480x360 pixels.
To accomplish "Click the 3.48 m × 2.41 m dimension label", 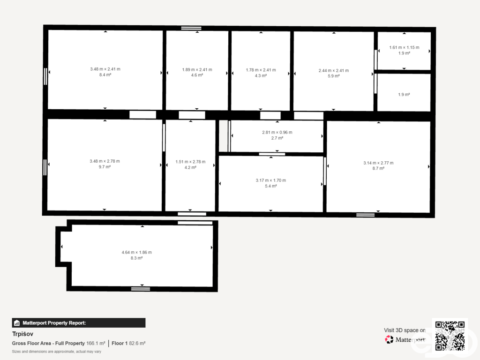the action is [105, 69].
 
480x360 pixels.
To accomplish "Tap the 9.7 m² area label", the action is [105, 167].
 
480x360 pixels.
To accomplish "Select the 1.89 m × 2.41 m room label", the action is [197, 69].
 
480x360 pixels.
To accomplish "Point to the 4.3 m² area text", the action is [261, 75].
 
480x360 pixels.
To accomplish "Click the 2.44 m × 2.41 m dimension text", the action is [334, 70].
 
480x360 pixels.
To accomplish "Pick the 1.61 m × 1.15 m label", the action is [404, 47].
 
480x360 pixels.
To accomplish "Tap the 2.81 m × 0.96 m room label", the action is [277, 132].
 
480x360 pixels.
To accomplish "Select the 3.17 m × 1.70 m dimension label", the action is [271, 180].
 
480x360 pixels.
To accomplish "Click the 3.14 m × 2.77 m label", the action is [378, 163].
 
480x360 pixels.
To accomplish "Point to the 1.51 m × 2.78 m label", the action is [190, 162].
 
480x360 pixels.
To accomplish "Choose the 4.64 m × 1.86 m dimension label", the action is [136, 252].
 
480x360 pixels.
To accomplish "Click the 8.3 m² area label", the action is [136, 258].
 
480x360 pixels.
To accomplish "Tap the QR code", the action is [450, 335].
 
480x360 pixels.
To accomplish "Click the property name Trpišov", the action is [22, 334].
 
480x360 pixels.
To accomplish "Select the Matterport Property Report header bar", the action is [79, 322].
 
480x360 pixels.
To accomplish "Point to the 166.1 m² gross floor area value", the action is [96, 344].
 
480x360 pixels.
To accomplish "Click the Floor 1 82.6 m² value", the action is [128, 344].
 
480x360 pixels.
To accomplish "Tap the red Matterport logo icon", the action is [389, 339].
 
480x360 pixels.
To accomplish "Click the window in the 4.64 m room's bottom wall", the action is [141, 289].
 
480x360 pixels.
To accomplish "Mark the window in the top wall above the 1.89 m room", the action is [191, 28].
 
